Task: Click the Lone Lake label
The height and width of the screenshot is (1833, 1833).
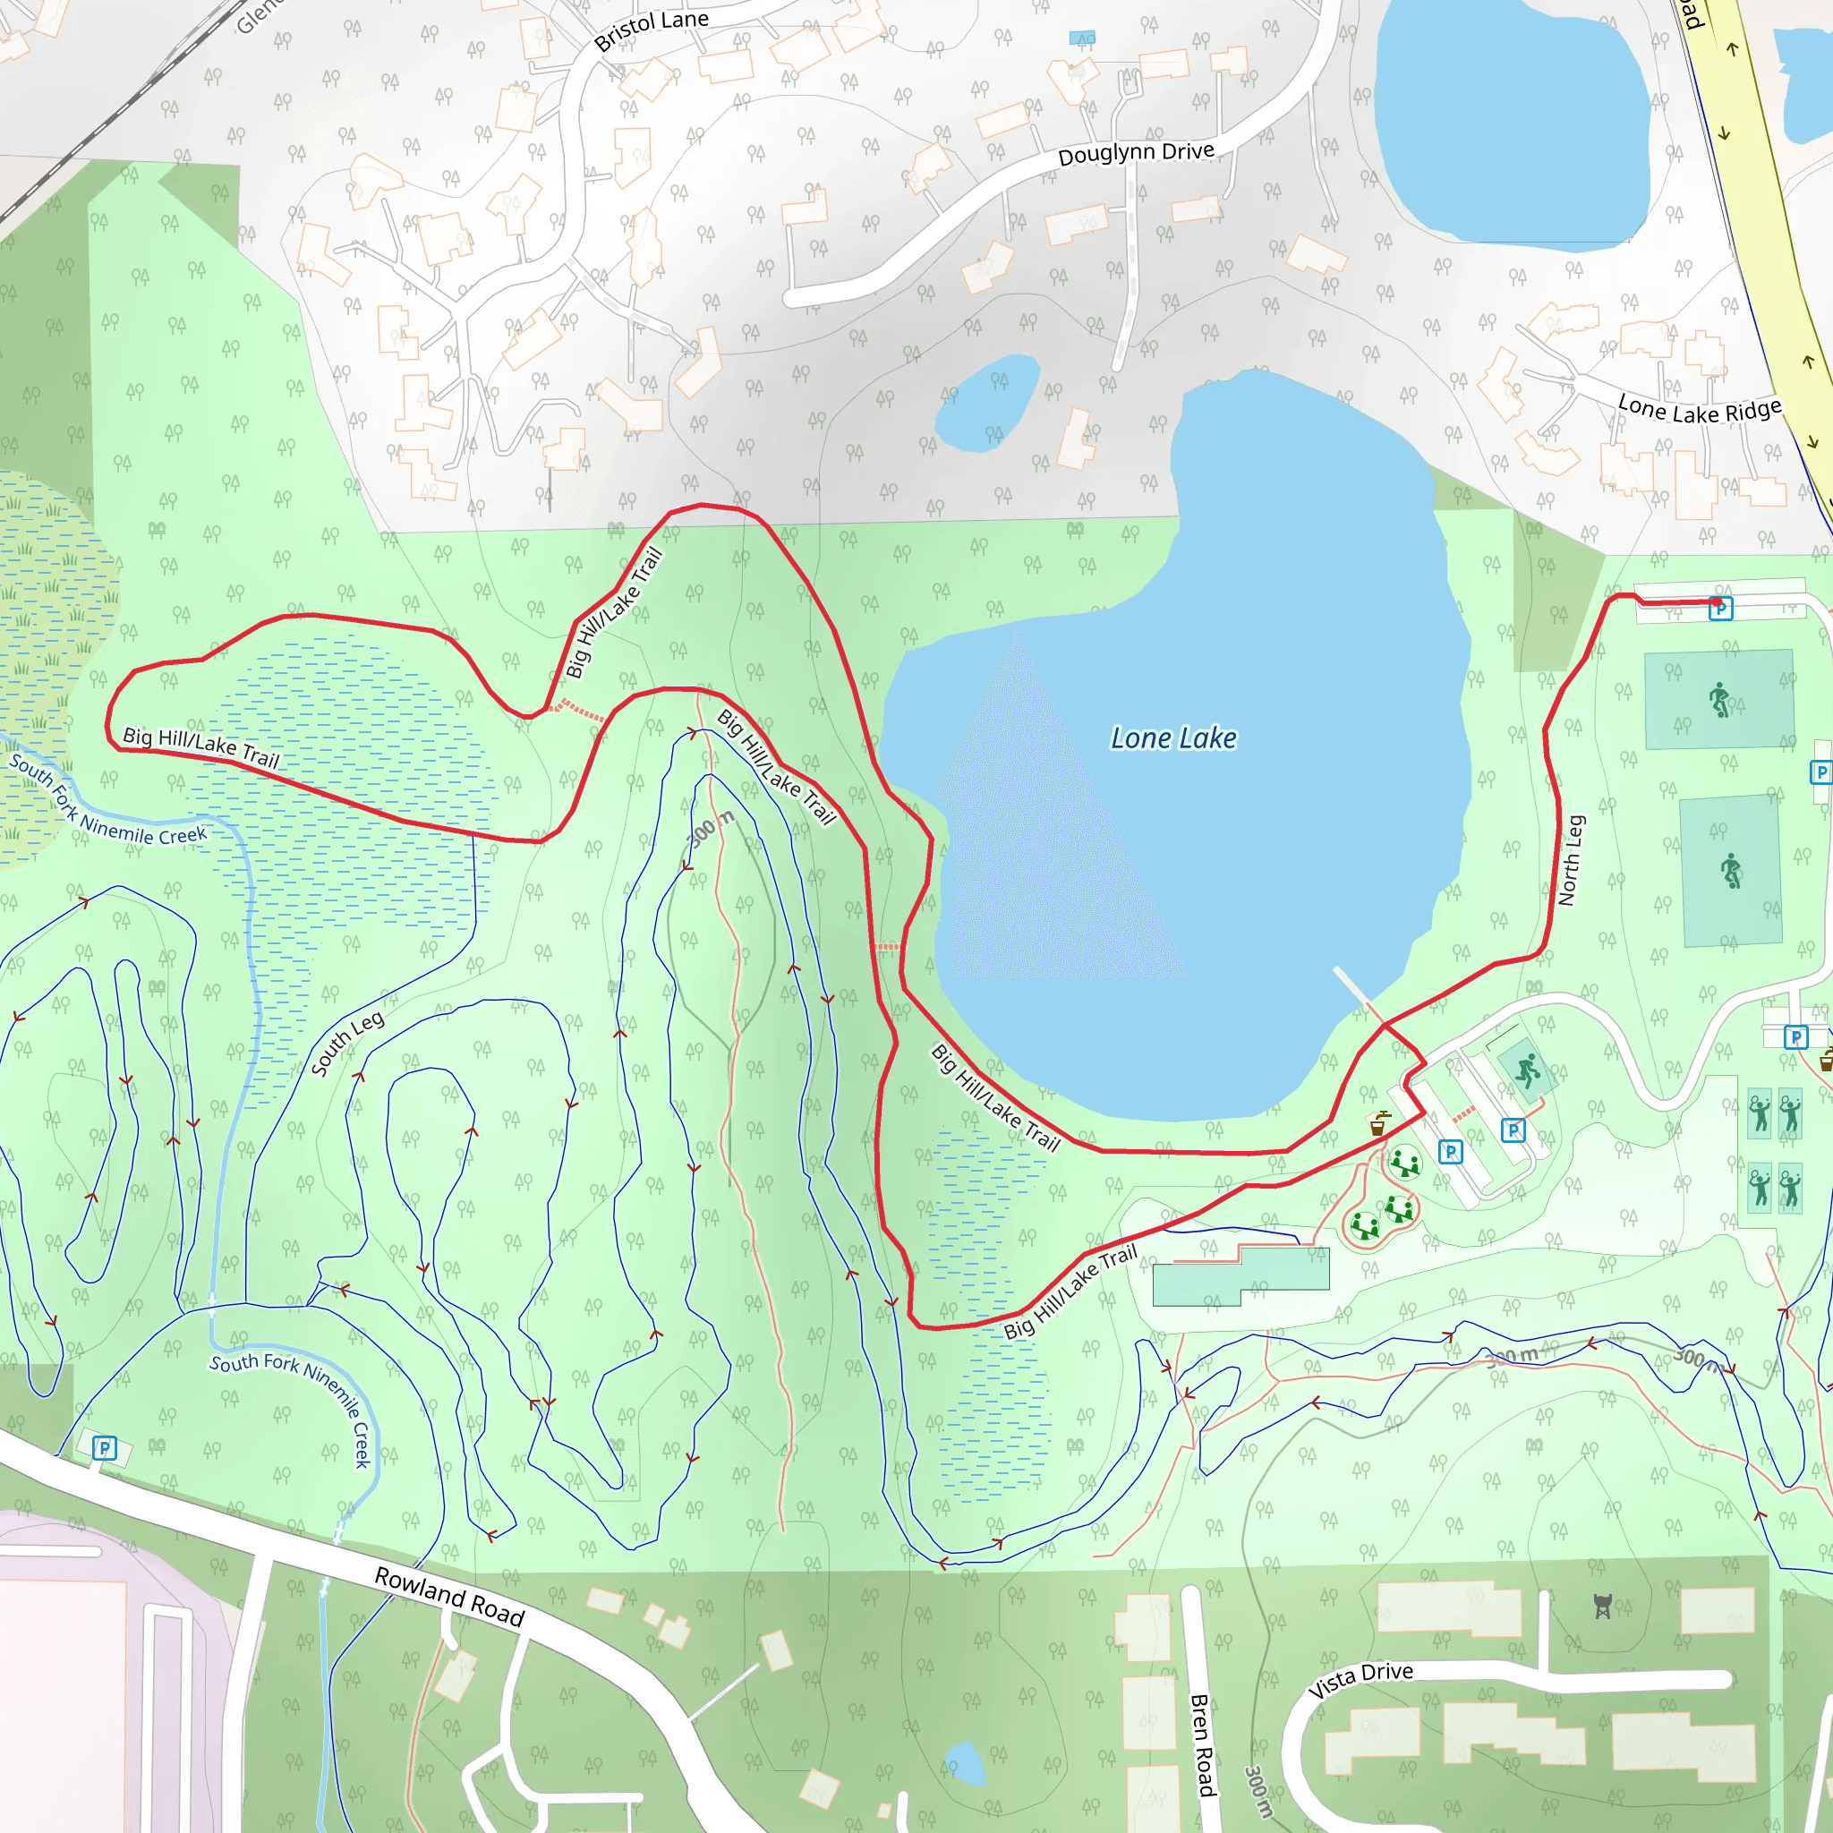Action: (x=1172, y=738)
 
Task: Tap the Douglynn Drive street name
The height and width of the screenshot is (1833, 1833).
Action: (x=1136, y=154)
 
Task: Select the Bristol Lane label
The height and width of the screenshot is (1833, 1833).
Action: (x=651, y=30)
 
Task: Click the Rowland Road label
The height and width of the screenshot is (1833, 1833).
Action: (x=448, y=1597)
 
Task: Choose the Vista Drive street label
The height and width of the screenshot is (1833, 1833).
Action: (x=1360, y=1679)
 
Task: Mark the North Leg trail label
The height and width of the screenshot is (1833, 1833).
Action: (x=1570, y=860)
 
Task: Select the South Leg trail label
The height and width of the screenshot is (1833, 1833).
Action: (x=347, y=1044)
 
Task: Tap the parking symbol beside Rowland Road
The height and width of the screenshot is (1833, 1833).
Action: (x=105, y=1448)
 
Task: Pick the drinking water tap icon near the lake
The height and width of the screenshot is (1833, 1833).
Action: (x=1378, y=1124)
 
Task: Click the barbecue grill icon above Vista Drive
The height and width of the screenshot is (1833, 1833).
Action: (x=1602, y=1607)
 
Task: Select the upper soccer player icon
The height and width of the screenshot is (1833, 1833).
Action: (x=1719, y=700)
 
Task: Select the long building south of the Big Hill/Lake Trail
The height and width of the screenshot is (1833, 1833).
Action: (x=1241, y=1275)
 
